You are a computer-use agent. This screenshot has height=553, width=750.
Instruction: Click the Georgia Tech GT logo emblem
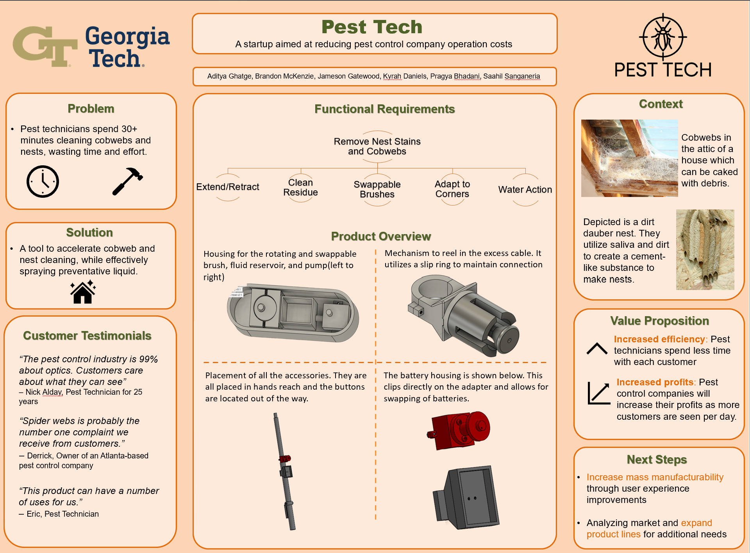[45, 46]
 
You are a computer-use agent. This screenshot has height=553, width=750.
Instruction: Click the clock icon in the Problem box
[43, 181]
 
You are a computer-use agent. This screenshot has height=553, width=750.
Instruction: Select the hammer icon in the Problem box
[127, 181]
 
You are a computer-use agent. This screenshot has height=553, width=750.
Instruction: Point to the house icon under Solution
[83, 292]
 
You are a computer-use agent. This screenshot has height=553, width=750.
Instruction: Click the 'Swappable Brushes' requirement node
[377, 190]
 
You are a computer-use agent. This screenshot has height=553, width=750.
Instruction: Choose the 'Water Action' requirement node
[525, 190]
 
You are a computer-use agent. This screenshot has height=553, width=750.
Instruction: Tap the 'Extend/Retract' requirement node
[228, 187]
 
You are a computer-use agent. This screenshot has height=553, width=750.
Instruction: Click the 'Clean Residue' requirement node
[300, 188]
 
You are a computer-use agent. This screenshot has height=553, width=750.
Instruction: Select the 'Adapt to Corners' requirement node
[452, 189]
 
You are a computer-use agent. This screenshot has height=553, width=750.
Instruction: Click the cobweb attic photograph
[629, 158]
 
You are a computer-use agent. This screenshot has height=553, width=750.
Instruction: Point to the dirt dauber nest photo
[705, 249]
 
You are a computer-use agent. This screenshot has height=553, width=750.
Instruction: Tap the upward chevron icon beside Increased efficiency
[597, 349]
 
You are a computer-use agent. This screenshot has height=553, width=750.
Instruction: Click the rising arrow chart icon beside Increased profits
[598, 393]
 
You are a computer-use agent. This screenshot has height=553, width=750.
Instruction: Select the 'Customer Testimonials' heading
[87, 336]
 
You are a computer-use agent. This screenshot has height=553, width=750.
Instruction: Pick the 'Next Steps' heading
[657, 460]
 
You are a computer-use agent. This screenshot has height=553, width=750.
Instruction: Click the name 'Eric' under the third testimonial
[33, 514]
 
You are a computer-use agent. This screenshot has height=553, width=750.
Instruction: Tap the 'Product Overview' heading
[381, 236]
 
